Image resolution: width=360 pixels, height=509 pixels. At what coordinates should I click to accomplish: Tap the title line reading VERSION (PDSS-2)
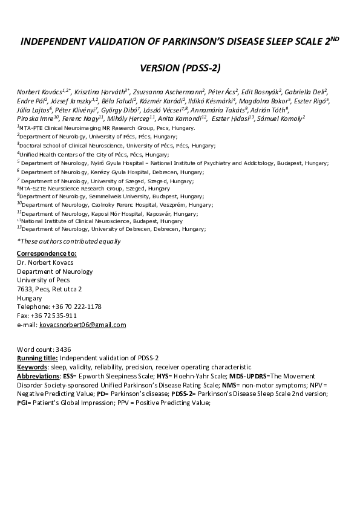(180, 68)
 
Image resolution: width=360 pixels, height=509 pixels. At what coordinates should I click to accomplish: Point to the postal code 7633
(24, 289)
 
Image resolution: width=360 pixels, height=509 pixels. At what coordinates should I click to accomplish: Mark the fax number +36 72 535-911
(54, 316)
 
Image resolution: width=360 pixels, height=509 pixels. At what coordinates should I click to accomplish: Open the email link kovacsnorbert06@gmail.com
(82, 325)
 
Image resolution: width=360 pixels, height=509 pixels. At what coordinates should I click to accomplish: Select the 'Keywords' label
(31, 368)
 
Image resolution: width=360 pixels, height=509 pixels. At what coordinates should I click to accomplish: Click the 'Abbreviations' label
(38, 377)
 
